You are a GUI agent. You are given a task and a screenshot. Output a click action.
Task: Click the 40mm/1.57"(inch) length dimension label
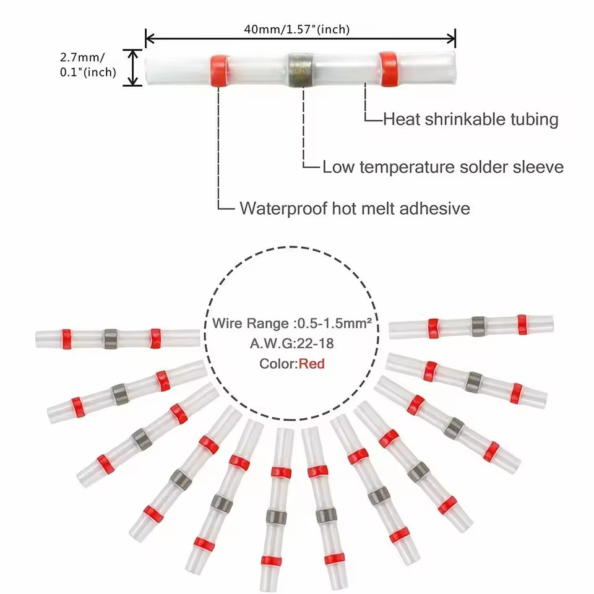[296, 29]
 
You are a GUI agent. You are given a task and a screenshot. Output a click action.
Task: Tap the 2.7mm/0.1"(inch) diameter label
[88, 65]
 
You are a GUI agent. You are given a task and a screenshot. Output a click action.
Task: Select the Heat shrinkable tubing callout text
[470, 119]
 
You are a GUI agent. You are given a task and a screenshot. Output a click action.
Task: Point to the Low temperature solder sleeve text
[443, 167]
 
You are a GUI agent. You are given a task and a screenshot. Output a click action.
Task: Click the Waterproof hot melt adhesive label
[355, 209]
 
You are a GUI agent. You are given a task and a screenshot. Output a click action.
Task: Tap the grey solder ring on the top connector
[300, 70]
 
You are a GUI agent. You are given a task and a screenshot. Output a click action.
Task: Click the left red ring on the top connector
[220, 70]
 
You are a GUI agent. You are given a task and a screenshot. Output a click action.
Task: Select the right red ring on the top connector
[389, 69]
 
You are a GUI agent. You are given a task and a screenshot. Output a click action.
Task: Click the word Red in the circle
[311, 364]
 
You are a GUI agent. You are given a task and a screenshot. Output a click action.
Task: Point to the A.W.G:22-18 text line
[291, 343]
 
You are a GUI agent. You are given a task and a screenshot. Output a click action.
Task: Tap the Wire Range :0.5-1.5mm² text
[291, 323]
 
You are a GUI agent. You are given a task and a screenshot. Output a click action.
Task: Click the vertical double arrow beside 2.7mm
[132, 67]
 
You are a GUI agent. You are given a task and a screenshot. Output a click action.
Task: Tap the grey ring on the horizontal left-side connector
[111, 338]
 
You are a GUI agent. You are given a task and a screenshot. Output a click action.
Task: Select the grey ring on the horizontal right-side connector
[478, 327]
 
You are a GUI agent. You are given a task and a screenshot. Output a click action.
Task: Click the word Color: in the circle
[278, 364]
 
